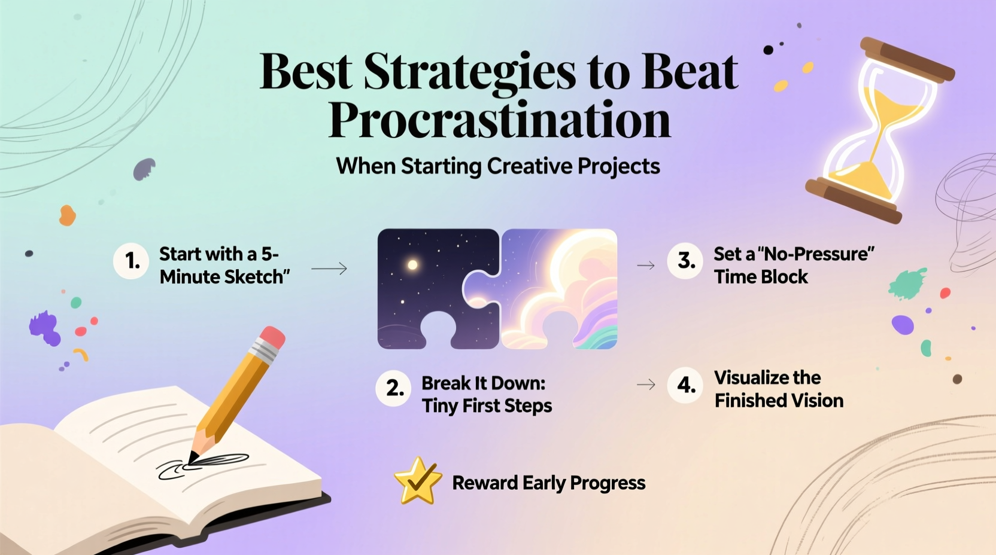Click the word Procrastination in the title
tap(499, 120)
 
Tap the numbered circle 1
tap(132, 261)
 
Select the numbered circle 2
tap(394, 389)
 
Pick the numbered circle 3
tap(685, 261)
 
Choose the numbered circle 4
tap(685, 385)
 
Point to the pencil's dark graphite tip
tap(193, 459)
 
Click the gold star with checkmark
tap(418, 481)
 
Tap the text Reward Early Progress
tap(548, 483)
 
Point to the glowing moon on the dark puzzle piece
tap(412, 264)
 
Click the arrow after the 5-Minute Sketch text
tap(329, 269)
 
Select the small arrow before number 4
tap(646, 385)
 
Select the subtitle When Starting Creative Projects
tap(498, 166)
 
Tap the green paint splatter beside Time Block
tap(907, 283)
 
